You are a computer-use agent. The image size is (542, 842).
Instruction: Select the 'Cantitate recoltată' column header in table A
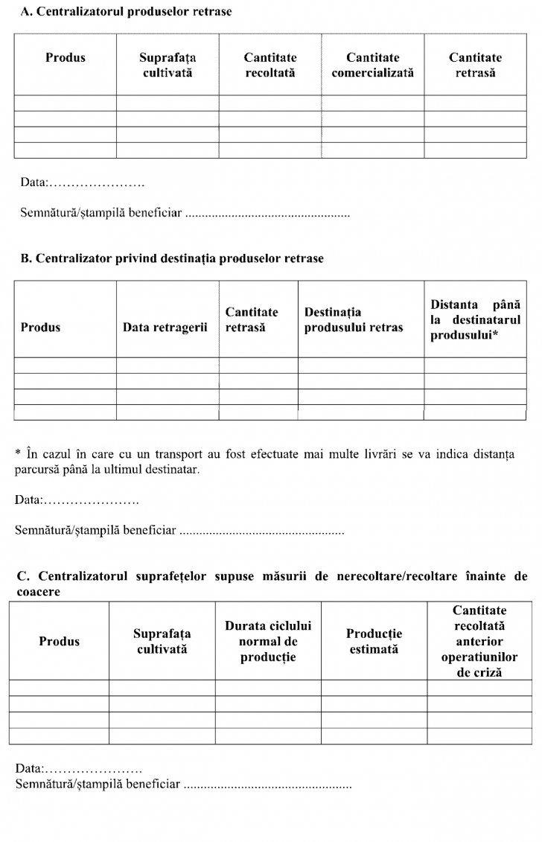pos(270,65)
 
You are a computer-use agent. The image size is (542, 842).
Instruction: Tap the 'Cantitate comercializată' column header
pos(372,65)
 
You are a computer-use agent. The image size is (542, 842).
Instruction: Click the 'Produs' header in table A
pos(66,57)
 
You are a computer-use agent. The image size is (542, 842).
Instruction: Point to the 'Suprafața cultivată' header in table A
pos(168,65)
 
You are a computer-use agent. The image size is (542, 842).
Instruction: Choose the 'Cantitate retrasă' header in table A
pos(475,65)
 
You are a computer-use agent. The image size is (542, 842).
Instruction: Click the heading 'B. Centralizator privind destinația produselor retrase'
pos(172,258)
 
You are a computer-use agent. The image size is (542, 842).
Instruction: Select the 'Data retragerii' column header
pos(165,327)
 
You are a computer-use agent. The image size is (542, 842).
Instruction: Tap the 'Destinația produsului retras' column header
pos(354,319)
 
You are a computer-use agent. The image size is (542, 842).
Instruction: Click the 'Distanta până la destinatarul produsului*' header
pos(475,319)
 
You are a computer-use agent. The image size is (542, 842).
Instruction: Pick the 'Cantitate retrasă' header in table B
pos(252,319)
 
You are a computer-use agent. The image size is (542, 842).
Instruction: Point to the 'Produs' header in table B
pos(41,327)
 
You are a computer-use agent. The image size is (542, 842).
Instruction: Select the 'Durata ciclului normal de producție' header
pos(268,641)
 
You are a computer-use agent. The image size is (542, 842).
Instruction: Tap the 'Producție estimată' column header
pos(374,641)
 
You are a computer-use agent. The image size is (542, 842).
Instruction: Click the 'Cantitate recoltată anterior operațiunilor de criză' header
pos(479,641)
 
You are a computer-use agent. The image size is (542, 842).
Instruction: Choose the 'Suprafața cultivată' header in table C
pos(162,641)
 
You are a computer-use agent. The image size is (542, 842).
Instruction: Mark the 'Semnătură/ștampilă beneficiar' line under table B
pos(179,531)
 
